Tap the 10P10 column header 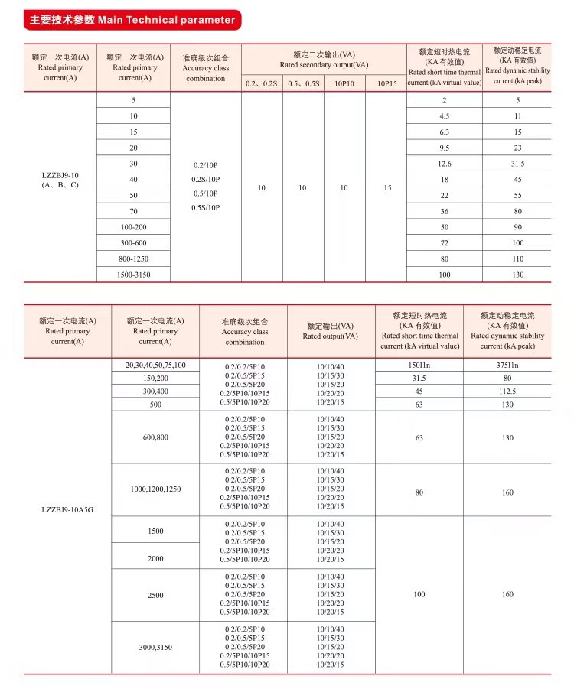pos(344,83)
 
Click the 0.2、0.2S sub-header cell pos(262,83)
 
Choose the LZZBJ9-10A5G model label pos(67,507)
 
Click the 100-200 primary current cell pos(134,227)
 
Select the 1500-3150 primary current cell pos(134,275)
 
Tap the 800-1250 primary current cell pos(134,258)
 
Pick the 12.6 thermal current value pos(444,164)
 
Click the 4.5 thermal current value pos(444,116)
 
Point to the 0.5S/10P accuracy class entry pos(206,207)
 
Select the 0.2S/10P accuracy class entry pos(206,180)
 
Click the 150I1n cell pos(419,366)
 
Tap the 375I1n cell pos(507,366)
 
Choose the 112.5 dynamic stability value pos(507,392)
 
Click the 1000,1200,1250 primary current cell pos(155,489)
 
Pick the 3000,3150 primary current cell pos(155,648)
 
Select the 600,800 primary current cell pos(155,437)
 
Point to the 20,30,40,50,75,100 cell pos(155,365)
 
